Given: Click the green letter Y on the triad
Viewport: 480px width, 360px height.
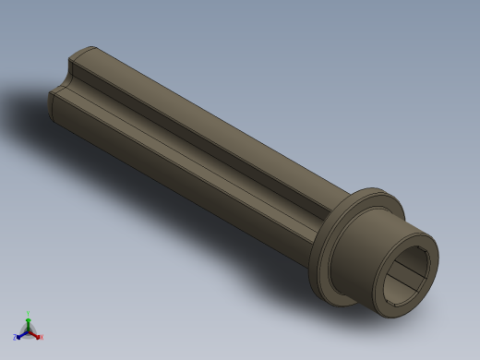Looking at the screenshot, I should click(29, 314).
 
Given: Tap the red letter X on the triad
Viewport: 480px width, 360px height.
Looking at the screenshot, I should click(41, 338).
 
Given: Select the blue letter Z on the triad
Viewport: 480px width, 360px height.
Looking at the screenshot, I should click(15, 338).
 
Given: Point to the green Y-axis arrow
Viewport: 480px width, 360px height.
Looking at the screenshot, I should click(29, 322).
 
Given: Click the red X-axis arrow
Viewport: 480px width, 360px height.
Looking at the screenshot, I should click(35, 334).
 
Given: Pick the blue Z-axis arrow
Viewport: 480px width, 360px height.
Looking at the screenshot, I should click(21, 334).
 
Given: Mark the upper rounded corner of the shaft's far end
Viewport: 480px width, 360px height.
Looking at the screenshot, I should click(83, 51).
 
